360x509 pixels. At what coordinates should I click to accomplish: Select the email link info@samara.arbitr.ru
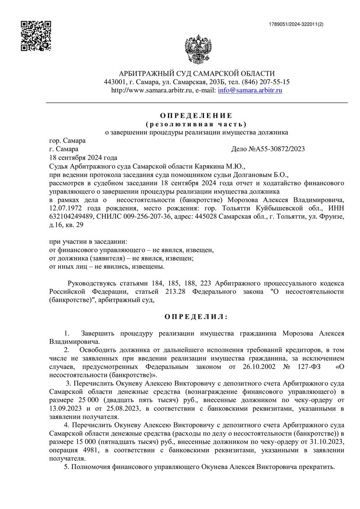[250, 90]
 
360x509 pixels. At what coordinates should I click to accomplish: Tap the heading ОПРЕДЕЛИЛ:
[196, 317]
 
